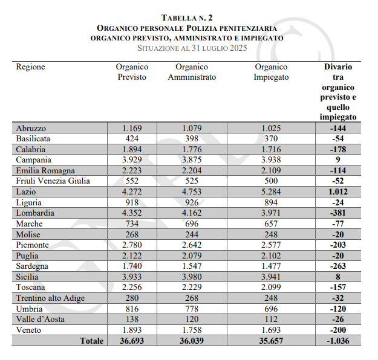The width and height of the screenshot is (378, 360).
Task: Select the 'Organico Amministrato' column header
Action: (x=192, y=72)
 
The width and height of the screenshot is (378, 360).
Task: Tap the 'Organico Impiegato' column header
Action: (x=271, y=72)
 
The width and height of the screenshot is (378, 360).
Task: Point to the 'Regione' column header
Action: (x=31, y=67)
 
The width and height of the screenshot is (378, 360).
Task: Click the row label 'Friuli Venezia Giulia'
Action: (x=53, y=181)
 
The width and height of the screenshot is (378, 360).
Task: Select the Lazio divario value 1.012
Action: (x=338, y=192)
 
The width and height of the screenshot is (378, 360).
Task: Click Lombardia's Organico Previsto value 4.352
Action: (x=132, y=213)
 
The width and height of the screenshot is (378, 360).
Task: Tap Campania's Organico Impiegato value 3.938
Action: (x=271, y=160)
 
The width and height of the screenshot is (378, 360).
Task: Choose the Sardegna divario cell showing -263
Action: (x=338, y=266)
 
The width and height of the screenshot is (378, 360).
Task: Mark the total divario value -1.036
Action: (x=338, y=341)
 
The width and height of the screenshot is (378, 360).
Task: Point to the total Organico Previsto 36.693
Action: (x=131, y=341)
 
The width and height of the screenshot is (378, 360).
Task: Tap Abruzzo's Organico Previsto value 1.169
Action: (x=132, y=128)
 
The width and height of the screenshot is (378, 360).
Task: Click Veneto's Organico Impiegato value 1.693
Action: (x=271, y=330)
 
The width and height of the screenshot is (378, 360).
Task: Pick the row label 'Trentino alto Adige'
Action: (x=50, y=298)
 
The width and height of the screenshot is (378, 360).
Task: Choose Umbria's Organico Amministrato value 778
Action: (x=192, y=309)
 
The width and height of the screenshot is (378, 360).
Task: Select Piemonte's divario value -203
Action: (x=338, y=245)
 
